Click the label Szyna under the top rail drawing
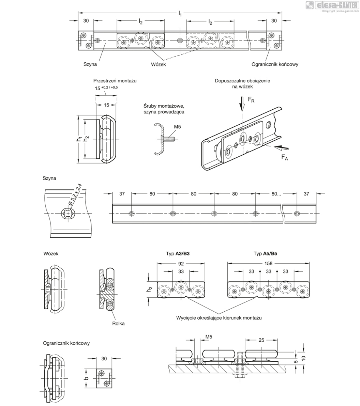point(90,64)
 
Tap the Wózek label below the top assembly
point(158,64)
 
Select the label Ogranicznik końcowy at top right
point(275,64)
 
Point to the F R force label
point(251,100)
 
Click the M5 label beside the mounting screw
point(177,127)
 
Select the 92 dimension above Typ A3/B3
point(181,263)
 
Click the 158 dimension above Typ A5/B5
point(269,263)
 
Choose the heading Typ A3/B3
point(178,254)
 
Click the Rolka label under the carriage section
point(118,323)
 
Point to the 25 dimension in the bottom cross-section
point(261,340)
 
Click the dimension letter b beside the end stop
point(86,378)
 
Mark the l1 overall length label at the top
point(180,14)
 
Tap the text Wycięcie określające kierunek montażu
point(219,318)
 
